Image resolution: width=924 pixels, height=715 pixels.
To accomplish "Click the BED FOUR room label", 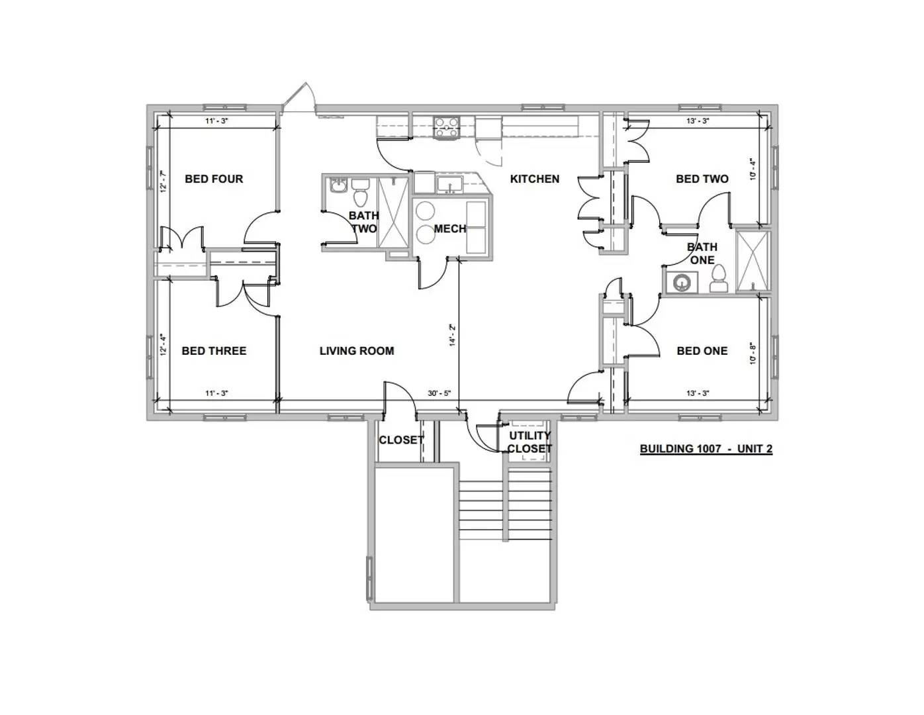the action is point(214,179).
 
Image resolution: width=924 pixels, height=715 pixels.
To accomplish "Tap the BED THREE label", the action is point(214,351).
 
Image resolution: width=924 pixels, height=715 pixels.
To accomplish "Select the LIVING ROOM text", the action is point(357,351).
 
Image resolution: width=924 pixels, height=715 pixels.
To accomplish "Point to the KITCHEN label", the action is point(535,179).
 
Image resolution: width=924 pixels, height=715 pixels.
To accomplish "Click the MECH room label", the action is point(450,229).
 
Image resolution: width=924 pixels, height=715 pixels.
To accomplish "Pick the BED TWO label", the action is point(702,179).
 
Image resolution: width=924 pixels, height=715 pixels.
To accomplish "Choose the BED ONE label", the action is point(702,351).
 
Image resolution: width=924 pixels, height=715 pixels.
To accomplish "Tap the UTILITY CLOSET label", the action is point(530,442).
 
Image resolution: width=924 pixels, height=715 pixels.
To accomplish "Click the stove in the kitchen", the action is point(446,128).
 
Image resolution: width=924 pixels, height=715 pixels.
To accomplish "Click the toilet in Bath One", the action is point(719,279).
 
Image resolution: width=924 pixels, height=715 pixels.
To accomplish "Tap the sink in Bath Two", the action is point(338,186).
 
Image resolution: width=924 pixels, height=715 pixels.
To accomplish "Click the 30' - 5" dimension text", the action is point(439,393).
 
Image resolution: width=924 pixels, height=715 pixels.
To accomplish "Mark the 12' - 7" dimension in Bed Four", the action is point(163,182).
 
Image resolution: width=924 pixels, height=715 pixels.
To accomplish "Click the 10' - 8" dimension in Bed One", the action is point(753,354).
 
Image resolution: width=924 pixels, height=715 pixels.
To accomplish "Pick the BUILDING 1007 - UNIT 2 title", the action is point(706,449).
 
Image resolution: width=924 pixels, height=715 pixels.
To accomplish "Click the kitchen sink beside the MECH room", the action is point(449,184).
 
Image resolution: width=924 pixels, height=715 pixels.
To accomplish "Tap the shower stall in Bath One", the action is point(752,261).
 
